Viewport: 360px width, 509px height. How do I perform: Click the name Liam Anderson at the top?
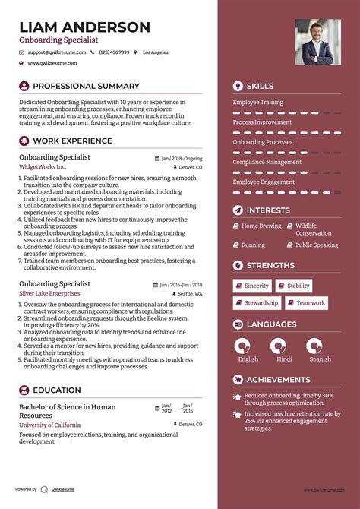(84, 27)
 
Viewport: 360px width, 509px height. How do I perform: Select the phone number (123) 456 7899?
(114, 52)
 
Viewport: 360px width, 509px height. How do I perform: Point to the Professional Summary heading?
(86, 87)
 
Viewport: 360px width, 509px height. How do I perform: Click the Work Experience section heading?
(72, 141)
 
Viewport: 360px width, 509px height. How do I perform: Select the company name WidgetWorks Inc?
(43, 166)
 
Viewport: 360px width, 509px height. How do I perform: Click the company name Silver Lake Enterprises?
(49, 292)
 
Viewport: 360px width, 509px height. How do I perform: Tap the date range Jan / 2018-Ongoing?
(182, 158)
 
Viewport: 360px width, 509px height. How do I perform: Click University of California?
(52, 425)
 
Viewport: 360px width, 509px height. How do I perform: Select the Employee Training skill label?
(257, 102)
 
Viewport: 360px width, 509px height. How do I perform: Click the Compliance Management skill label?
(267, 162)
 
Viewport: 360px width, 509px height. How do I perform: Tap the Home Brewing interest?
(261, 226)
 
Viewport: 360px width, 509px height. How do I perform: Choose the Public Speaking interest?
(317, 245)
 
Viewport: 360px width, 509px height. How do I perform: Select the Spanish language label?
(320, 359)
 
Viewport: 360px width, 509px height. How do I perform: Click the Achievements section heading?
(278, 380)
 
